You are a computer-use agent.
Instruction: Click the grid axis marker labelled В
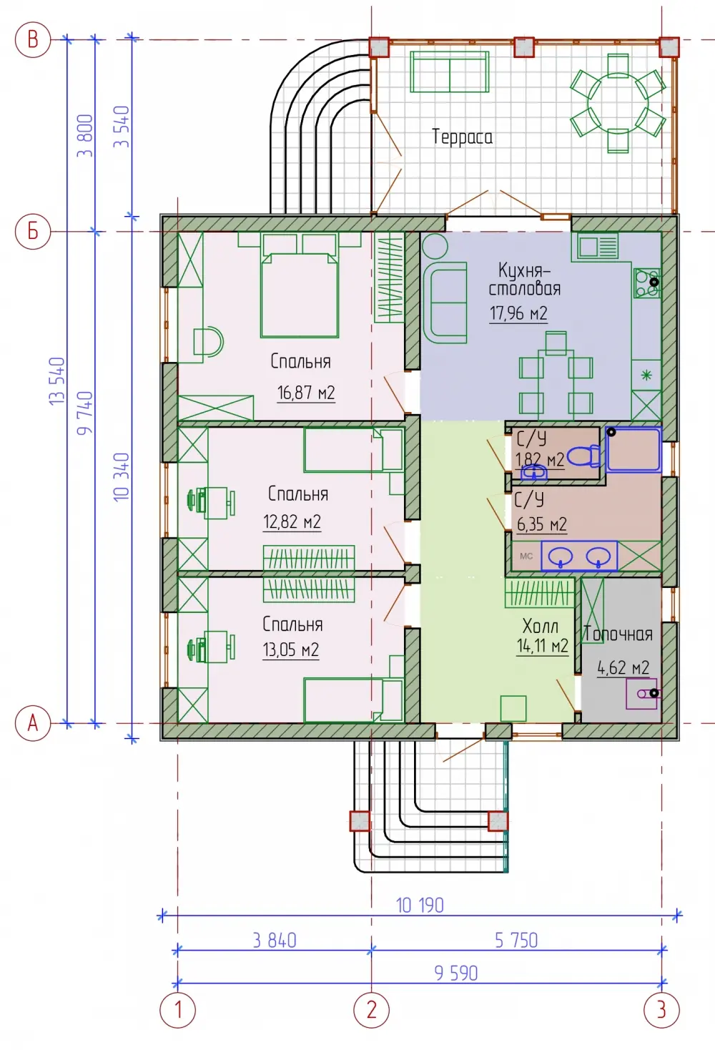pos(33,40)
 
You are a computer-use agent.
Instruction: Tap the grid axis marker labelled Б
pos(33,231)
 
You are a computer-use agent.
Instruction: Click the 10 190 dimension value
pos(420,905)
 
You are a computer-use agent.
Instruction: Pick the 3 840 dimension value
pos(275,941)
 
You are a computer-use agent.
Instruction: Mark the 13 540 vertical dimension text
pos(56,381)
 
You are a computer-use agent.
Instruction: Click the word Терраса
pos(462,137)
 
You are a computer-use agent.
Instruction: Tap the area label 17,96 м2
pos(518,313)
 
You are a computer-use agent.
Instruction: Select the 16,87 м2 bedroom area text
pos(306,393)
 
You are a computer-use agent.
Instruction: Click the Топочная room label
pos(618,634)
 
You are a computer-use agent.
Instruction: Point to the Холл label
pos(541,626)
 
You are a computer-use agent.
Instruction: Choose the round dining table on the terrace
pos(618,104)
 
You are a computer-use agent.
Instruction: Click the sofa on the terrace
pos(449,72)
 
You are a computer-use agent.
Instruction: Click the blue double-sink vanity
pos(579,556)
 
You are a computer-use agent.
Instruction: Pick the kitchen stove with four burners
pos(647,283)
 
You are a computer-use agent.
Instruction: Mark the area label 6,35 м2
pos(542,524)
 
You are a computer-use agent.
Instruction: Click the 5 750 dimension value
pos(516,941)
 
